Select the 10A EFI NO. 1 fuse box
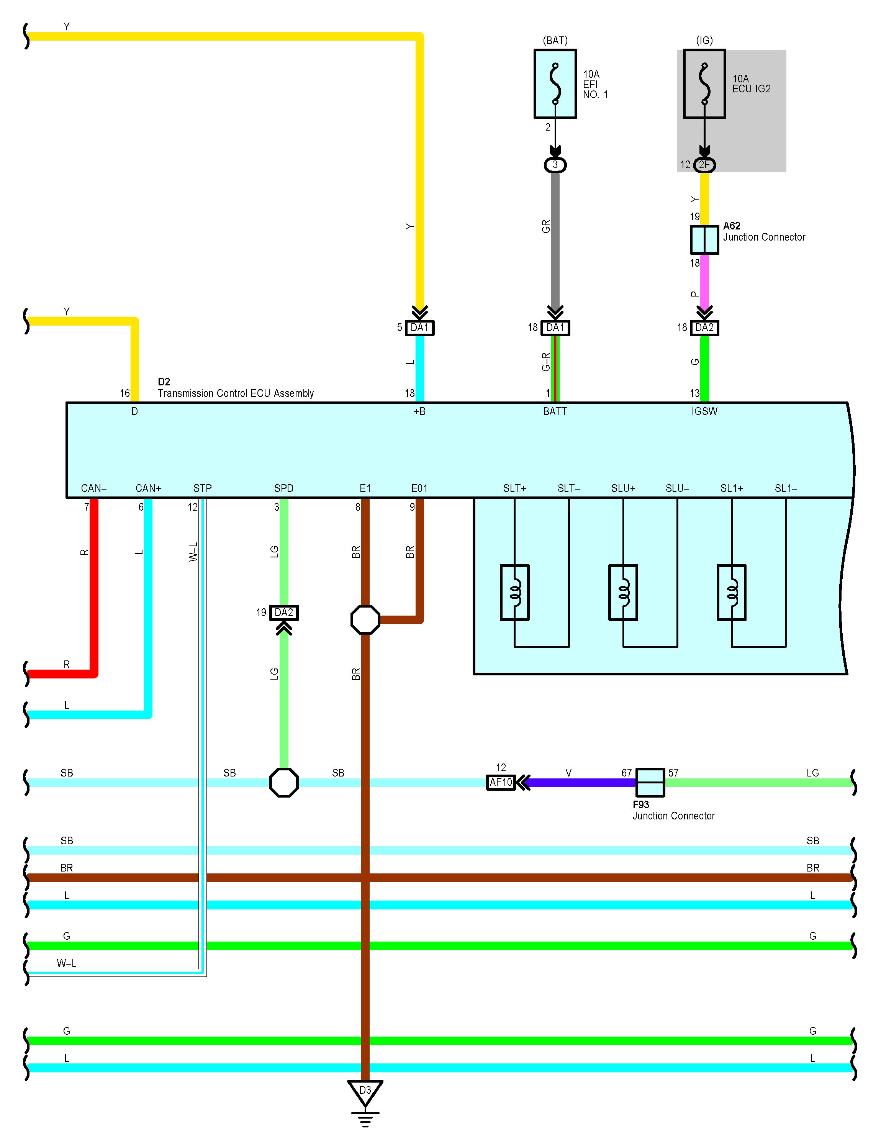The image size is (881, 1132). pyautogui.click(x=555, y=84)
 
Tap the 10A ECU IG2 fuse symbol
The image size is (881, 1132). pyautogui.click(x=704, y=84)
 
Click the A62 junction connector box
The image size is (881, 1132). pyautogui.click(x=704, y=239)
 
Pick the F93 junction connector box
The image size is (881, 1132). pyautogui.click(x=650, y=782)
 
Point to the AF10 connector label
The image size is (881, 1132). pyautogui.click(x=501, y=782)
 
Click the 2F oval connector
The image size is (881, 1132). pyautogui.click(x=704, y=165)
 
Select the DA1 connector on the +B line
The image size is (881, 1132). pyautogui.click(x=419, y=328)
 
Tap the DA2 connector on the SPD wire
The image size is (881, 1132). pyautogui.click(x=284, y=613)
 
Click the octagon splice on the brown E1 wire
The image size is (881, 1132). pyautogui.click(x=365, y=619)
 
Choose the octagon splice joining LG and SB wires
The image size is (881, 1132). pyautogui.click(x=284, y=782)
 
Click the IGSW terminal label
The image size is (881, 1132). pyautogui.click(x=704, y=411)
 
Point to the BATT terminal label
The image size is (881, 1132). pyautogui.click(x=555, y=411)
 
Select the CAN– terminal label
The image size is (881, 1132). pyautogui.click(x=94, y=488)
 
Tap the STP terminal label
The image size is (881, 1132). pyautogui.click(x=203, y=488)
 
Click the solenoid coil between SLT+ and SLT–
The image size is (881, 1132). pyautogui.click(x=514, y=593)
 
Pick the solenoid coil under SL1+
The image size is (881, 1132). pyautogui.click(x=731, y=593)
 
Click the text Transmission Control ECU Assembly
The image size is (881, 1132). pyautogui.click(x=236, y=393)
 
